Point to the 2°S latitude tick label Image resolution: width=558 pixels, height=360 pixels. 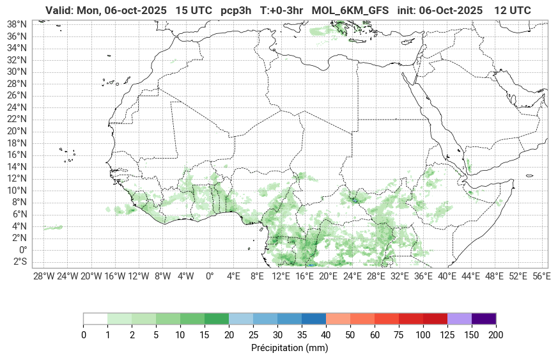tap(20, 262)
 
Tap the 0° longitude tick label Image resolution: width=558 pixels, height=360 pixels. tap(209, 276)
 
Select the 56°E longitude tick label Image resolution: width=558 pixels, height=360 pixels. tap(541, 276)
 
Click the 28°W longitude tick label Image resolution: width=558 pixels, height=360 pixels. tap(43, 276)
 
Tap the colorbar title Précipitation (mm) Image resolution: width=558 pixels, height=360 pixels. tap(290, 348)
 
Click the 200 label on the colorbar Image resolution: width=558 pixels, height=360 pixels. tap(495, 335)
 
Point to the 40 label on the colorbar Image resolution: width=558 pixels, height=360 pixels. tap(326, 335)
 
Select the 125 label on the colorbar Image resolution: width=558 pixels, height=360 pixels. tap(447, 335)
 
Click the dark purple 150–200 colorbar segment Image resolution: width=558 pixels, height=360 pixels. tap(483, 318)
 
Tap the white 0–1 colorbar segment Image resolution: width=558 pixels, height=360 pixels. tap(95, 318)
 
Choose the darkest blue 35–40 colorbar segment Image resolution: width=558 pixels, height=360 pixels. tap(313, 318)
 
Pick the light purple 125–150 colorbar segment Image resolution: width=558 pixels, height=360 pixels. tap(459, 318)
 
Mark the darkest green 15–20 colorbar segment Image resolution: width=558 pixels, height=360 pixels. tap(217, 318)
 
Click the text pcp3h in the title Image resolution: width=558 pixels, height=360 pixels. tap(236, 10)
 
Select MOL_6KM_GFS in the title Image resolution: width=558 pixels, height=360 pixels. tap(350, 10)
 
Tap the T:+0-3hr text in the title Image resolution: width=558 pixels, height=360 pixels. tap(281, 10)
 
